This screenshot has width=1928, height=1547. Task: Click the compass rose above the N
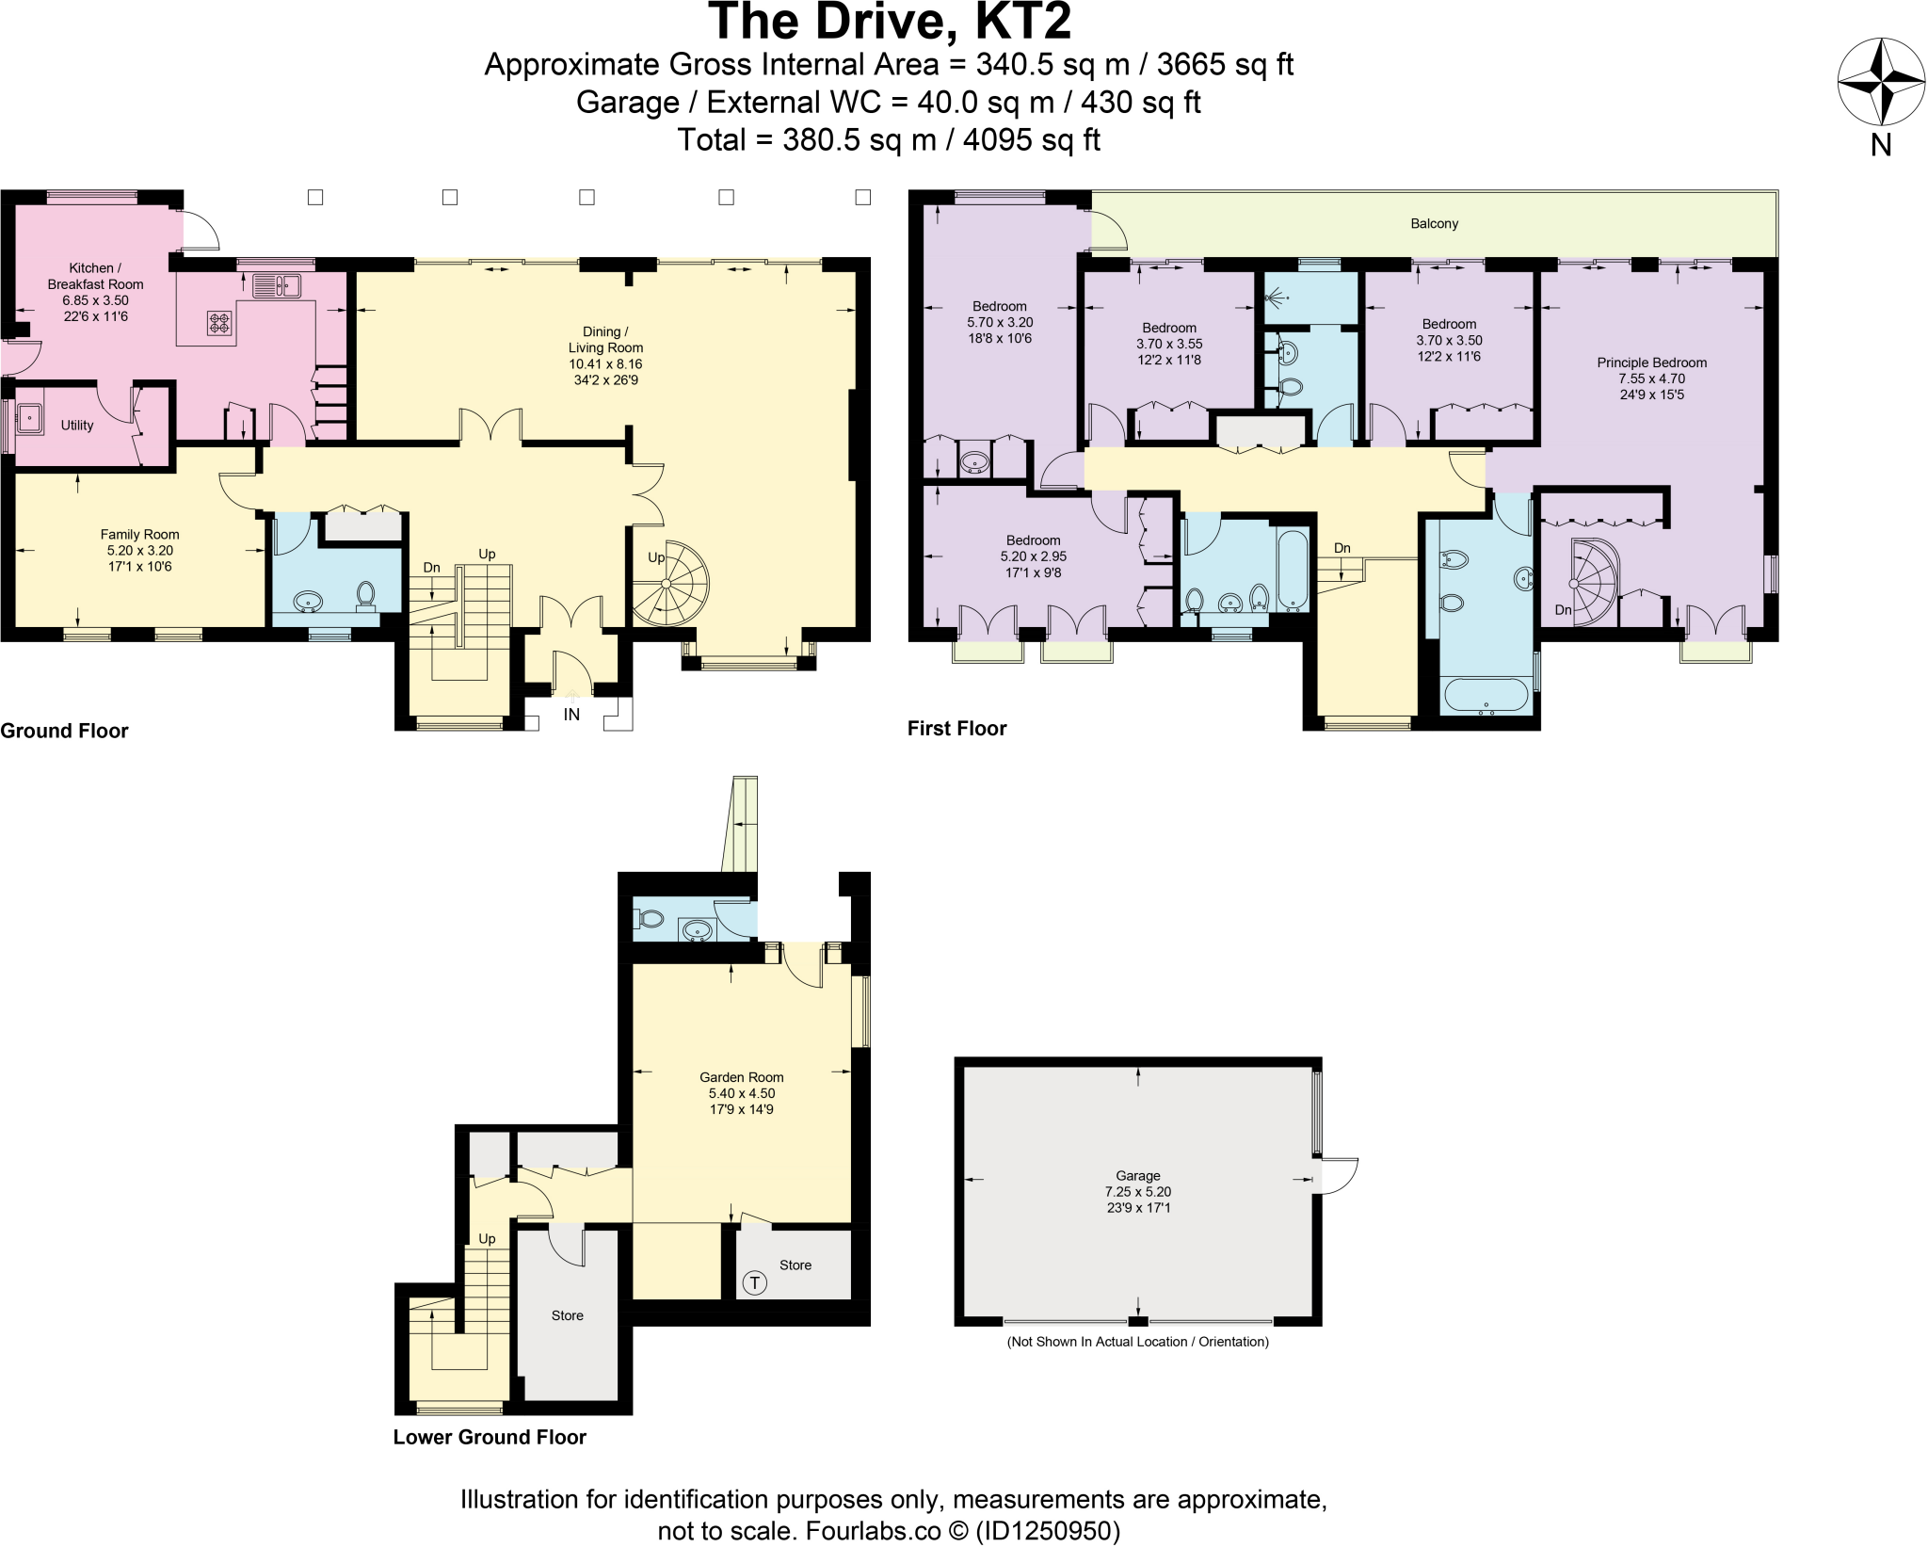(1881, 82)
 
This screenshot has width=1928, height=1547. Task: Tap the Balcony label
(1434, 223)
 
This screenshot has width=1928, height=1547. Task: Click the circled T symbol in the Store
(754, 1282)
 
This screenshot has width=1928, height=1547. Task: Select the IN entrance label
(571, 715)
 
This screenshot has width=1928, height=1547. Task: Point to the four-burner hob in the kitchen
(219, 323)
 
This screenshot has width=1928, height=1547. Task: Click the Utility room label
(77, 426)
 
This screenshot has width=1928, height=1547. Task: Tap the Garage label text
(1138, 1176)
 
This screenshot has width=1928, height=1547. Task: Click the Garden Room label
(742, 1077)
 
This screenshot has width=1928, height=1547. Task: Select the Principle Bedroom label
(1652, 363)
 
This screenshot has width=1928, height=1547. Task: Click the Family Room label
(139, 535)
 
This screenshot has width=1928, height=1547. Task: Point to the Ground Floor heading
(64, 731)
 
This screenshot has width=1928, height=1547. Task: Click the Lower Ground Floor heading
(490, 1437)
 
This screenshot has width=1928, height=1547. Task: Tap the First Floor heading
(957, 728)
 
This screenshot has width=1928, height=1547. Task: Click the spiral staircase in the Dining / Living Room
(669, 584)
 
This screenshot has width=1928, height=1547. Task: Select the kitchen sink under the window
(276, 284)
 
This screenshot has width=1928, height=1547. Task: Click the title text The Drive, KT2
(890, 22)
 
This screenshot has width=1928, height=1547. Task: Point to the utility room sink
(30, 417)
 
